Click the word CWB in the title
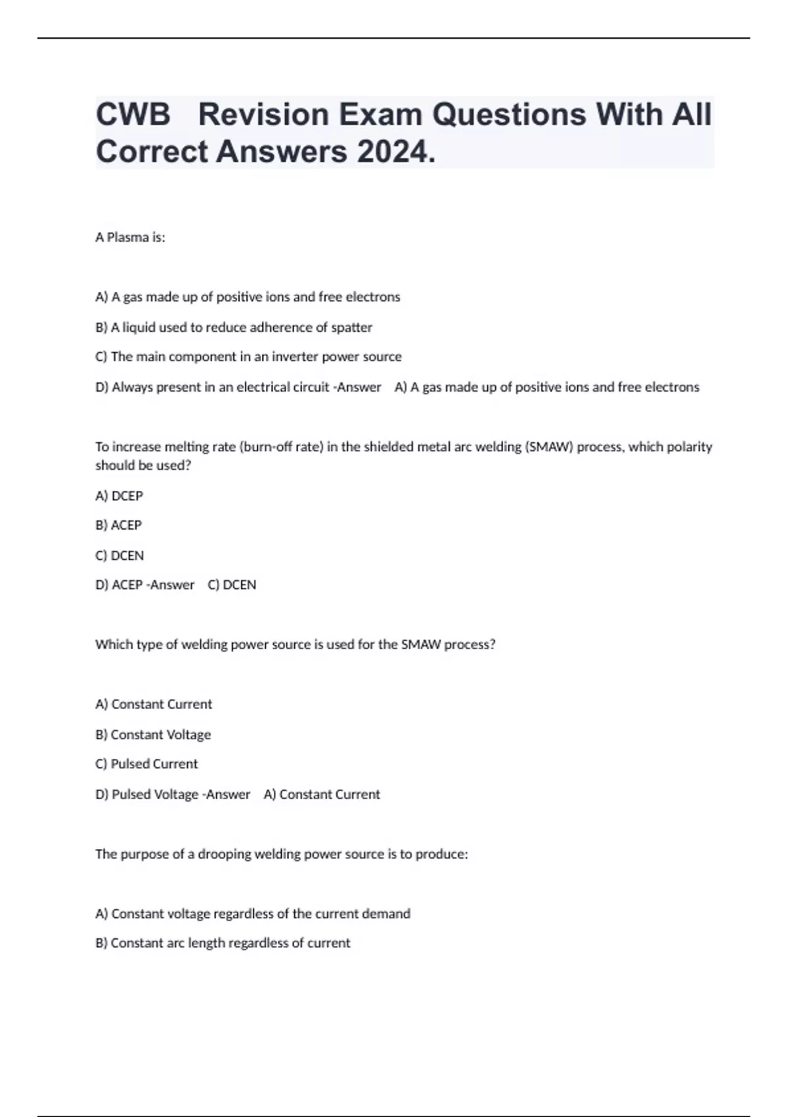click(133, 114)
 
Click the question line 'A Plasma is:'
click(130, 237)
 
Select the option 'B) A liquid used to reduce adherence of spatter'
click(234, 327)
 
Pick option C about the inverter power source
click(248, 357)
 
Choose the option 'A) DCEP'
click(119, 495)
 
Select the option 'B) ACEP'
click(118, 525)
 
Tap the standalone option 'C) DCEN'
click(120, 555)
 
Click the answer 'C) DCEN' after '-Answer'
click(232, 585)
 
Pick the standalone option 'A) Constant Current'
click(154, 704)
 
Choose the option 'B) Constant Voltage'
click(153, 735)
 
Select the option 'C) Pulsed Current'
click(146, 764)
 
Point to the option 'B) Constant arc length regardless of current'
click(223, 943)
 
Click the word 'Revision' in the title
click(263, 114)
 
